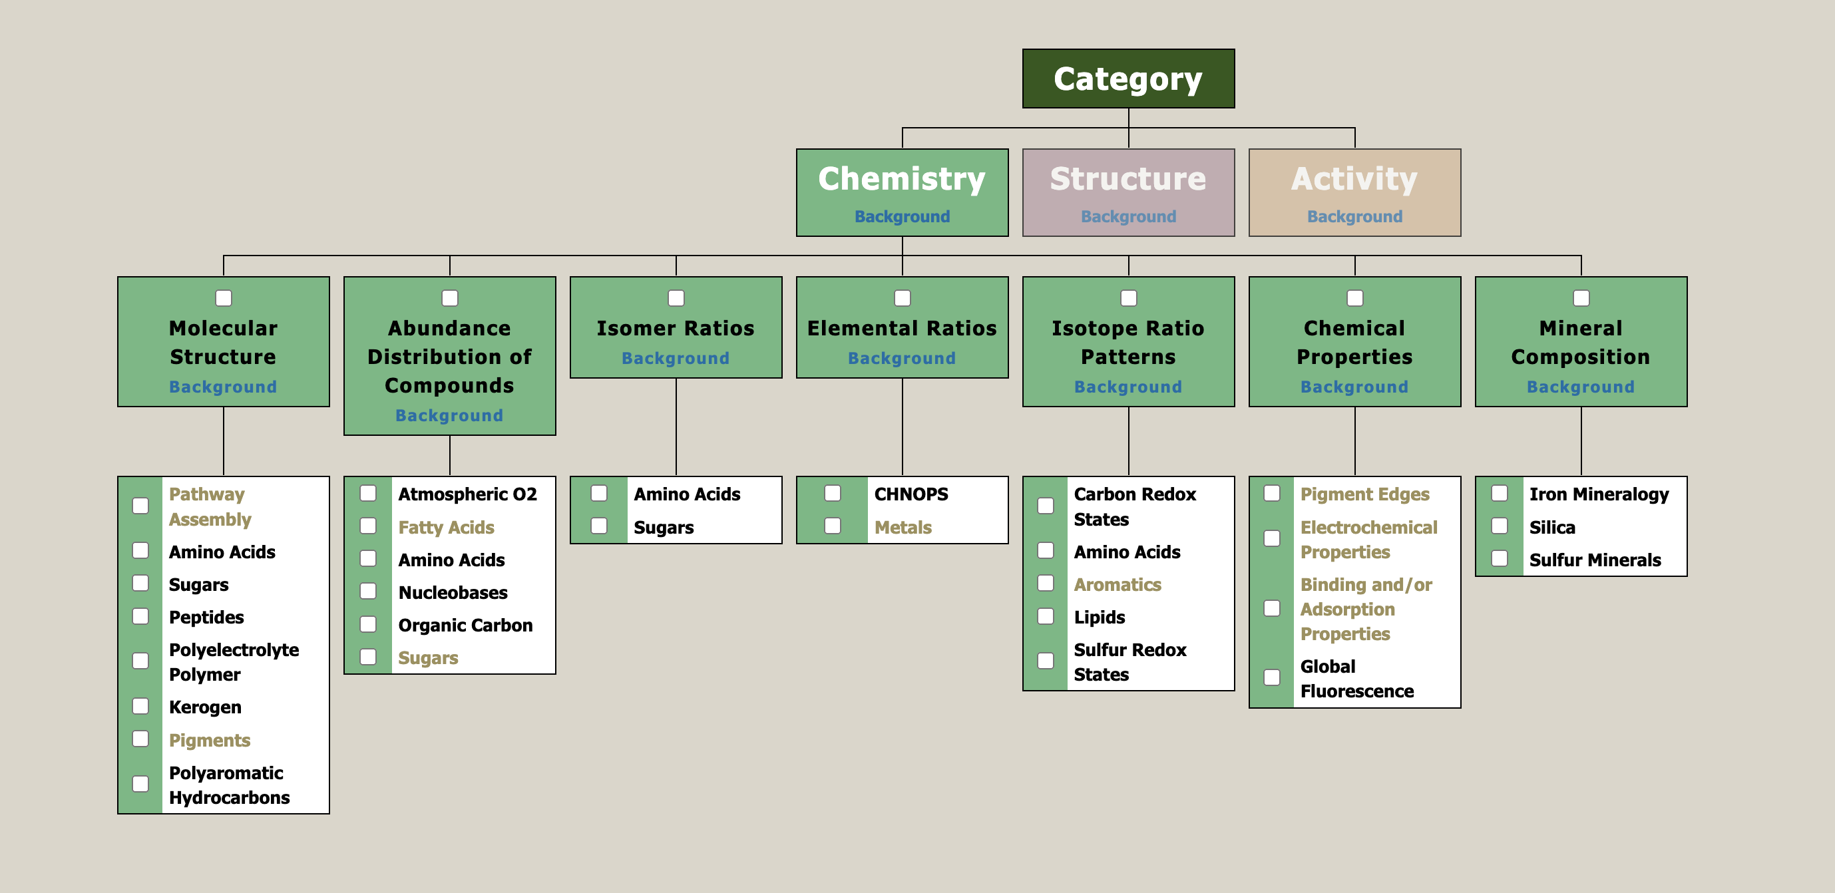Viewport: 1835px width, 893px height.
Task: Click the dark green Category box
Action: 1127,79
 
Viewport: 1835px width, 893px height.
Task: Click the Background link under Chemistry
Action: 902,216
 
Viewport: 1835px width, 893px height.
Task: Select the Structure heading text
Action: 1127,179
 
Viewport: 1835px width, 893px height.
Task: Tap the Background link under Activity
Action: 1354,216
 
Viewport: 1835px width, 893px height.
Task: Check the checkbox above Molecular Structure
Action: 224,298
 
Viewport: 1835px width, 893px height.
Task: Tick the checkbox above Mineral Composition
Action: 1581,298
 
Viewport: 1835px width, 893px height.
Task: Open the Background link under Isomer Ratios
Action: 676,358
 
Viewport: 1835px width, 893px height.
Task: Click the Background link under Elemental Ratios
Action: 902,358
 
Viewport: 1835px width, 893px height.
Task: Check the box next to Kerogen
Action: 141,707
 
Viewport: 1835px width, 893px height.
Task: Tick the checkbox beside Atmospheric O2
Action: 368,494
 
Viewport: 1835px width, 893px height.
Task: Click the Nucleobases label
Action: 453,592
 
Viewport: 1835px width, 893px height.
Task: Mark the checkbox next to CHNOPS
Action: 832,494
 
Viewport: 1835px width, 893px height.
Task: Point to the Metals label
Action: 903,528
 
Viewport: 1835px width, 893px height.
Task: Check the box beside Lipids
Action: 1045,617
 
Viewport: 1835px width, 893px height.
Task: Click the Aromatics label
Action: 1117,585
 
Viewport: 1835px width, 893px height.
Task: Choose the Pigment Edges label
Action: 1364,494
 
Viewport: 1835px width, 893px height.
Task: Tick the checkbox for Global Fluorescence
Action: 1271,678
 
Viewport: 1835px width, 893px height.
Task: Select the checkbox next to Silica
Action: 1500,526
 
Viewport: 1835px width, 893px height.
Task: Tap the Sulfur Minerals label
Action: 1594,560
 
